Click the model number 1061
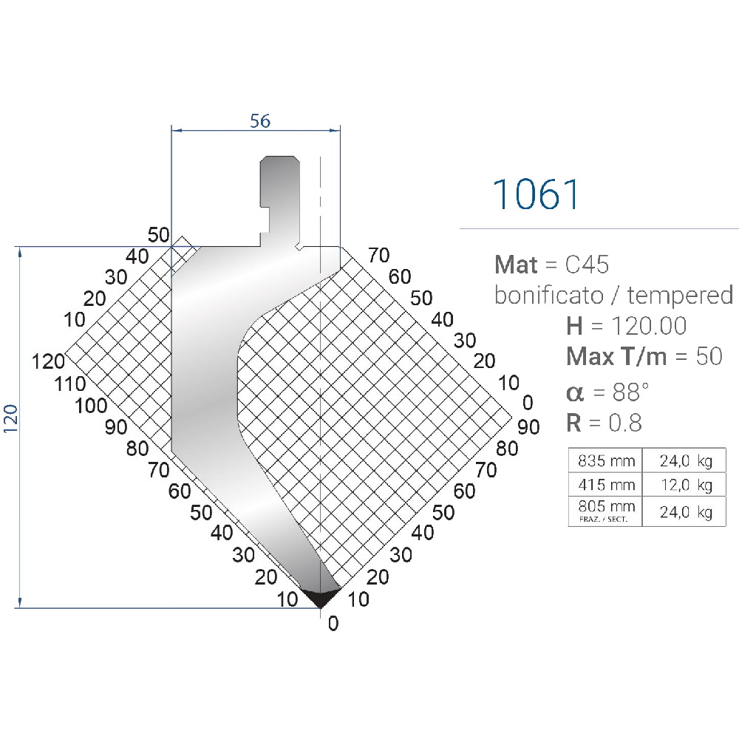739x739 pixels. pos(536,194)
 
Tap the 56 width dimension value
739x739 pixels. pos(260,121)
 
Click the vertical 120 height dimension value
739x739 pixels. pos(10,418)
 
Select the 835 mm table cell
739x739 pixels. pos(606,460)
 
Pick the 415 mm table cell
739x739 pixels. pos(606,485)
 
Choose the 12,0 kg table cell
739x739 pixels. pos(685,485)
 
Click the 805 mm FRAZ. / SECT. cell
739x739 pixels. pos(606,511)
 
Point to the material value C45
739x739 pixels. pos(587,265)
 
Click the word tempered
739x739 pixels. pos(680,296)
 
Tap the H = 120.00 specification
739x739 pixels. pos(627,326)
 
